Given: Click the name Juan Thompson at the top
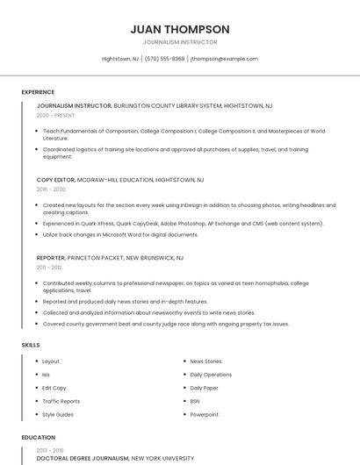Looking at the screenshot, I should (179, 29).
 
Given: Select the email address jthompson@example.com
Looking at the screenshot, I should (224, 59).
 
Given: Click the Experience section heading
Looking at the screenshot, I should (38, 92).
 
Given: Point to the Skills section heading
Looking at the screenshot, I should (31, 345).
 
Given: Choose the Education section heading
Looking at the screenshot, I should (38, 436).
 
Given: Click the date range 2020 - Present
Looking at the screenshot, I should (55, 115).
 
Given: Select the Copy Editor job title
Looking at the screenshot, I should (55, 179).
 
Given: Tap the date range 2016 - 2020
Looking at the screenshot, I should (51, 189).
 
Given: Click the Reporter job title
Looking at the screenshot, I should (50, 258).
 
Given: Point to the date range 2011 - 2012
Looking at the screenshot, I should (49, 268).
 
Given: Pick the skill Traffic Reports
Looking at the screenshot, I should (61, 401).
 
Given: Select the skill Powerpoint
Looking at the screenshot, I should (205, 414).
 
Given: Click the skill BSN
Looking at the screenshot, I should (195, 401).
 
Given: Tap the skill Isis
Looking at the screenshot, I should (46, 375).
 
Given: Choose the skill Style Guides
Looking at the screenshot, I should (58, 414).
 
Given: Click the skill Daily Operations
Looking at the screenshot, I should (211, 375).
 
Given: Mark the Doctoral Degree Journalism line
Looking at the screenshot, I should (83, 458).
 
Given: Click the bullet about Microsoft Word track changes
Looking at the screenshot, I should (120, 235).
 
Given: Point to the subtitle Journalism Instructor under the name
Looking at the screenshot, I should (179, 41).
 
